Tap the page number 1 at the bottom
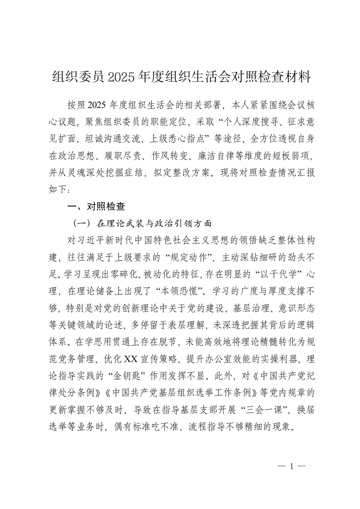click(x=292, y=466)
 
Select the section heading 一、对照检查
click(x=96, y=206)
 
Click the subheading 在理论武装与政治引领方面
click(x=155, y=223)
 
